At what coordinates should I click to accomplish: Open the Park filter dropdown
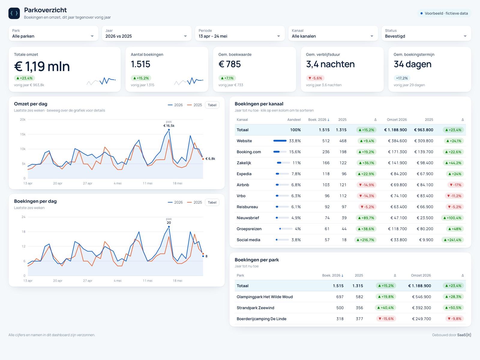tap(53, 33)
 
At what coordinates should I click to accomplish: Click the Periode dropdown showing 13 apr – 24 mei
tap(240, 33)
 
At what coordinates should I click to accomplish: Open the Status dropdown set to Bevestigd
tap(426, 33)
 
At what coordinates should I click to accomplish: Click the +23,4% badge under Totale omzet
tap(25, 78)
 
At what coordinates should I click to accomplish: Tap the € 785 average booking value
tap(229, 64)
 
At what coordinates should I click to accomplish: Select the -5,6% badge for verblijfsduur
tap(315, 78)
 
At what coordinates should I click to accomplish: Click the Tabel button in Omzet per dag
tap(212, 105)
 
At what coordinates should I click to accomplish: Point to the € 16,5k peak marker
tap(169, 130)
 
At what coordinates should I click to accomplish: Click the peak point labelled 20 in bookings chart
tap(169, 227)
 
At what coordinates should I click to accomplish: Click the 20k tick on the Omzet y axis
tap(23, 120)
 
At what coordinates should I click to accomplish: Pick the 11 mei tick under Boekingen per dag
tap(147, 281)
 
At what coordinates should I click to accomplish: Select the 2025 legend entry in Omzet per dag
tap(194, 105)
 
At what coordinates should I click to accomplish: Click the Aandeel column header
tap(294, 120)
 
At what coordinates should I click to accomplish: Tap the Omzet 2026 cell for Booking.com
tap(397, 152)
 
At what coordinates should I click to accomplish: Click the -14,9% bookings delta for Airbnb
tap(367, 185)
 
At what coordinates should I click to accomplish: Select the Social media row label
tap(248, 240)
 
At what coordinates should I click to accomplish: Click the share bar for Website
tap(280, 141)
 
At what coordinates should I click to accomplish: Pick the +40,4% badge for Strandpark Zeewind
tap(385, 308)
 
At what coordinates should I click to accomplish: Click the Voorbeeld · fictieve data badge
tap(444, 13)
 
